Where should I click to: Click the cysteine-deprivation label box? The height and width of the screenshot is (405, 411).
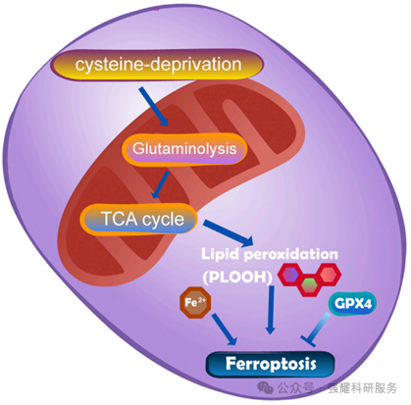click(157, 65)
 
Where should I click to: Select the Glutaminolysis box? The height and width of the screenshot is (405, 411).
click(184, 149)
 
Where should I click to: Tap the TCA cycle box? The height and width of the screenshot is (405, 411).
click(139, 219)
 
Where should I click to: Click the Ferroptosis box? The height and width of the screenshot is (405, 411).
click(271, 364)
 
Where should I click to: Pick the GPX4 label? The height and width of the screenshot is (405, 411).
click(352, 304)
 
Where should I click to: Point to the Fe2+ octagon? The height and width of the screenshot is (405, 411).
click(195, 302)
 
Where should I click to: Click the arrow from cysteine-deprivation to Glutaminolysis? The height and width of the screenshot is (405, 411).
click(153, 107)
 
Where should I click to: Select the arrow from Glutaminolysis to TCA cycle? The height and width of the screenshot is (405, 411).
click(160, 184)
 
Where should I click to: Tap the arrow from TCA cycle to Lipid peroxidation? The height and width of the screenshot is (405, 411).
click(229, 233)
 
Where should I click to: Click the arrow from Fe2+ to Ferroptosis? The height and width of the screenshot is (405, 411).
click(225, 329)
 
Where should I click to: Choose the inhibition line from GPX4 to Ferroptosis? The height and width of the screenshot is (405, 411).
click(316, 329)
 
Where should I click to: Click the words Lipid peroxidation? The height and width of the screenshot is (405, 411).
click(270, 254)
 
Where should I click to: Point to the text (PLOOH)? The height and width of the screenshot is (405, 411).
click(237, 278)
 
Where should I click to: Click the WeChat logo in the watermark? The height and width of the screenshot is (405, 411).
click(265, 388)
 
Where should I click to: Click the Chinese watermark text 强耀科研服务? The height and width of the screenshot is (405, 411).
click(363, 388)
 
